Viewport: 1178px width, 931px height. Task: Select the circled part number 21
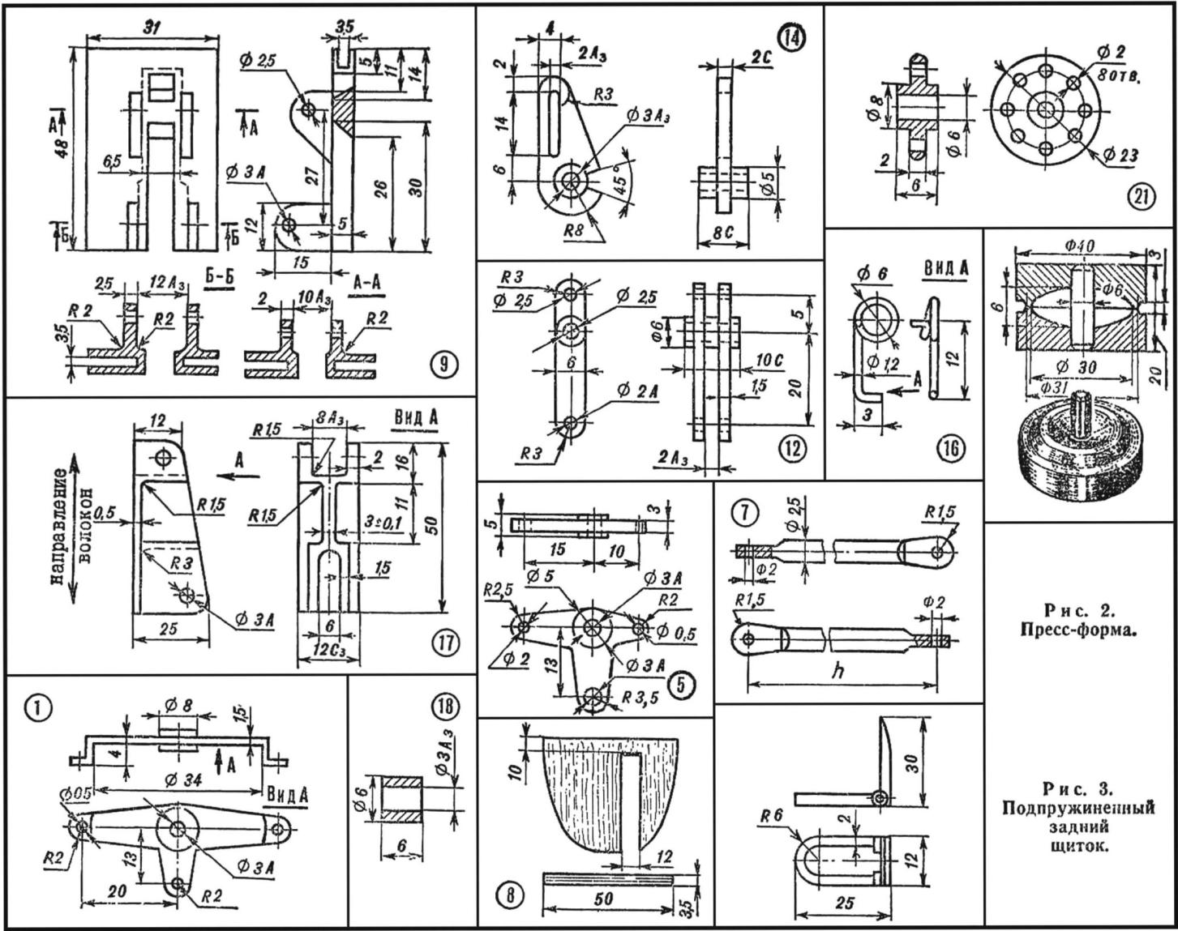[x=1142, y=198]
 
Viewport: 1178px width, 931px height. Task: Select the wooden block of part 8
[x=584, y=794]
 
